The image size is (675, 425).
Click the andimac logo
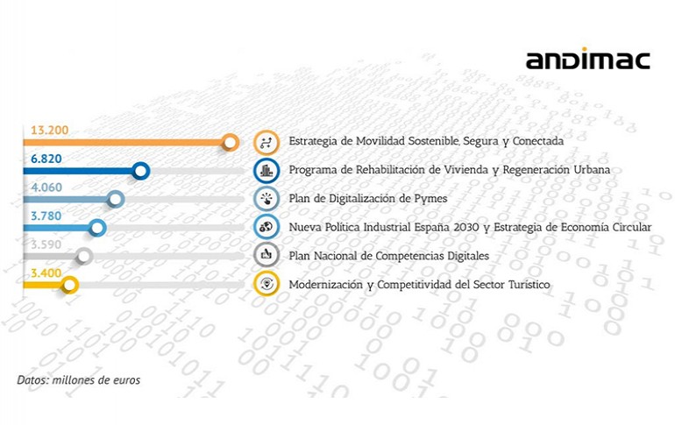tap(587, 59)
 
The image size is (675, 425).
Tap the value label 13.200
tap(49, 130)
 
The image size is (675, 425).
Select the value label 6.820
tap(46, 159)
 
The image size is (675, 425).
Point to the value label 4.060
tap(46, 188)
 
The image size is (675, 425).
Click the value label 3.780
tap(46, 216)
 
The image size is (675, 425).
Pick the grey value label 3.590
tap(46, 244)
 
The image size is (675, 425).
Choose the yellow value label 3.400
tap(46, 273)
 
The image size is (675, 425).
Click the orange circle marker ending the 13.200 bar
tap(231, 142)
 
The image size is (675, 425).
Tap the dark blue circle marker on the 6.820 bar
tap(141, 171)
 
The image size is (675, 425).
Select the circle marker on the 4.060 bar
tap(116, 199)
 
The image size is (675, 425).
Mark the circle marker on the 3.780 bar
tap(97, 228)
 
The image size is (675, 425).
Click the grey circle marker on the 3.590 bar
tap(84, 257)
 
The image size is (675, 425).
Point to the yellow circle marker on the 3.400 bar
tap(69, 285)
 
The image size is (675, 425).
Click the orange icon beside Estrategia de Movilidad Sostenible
tap(266, 142)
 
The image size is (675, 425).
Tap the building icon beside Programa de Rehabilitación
tap(266, 171)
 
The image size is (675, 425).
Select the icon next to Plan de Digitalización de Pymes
tap(266, 199)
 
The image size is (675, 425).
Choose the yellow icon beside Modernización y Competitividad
tap(266, 284)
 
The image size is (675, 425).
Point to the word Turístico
tap(529, 284)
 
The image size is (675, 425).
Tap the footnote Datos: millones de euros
tap(79, 379)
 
